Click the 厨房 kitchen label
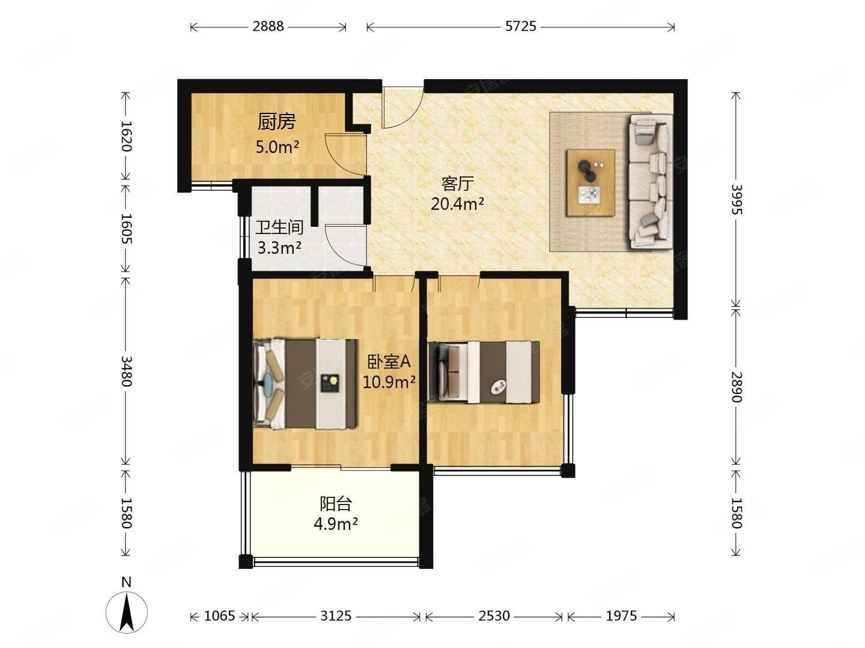(x=276, y=122)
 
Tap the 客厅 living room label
(x=457, y=184)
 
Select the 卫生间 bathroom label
(x=279, y=227)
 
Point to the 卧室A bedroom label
(x=389, y=362)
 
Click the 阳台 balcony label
(x=335, y=504)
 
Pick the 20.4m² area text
(x=457, y=204)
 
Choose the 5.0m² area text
(x=278, y=147)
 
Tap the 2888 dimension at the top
(x=268, y=26)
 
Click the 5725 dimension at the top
(x=521, y=26)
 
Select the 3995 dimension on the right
(x=736, y=199)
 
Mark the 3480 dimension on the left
(x=126, y=371)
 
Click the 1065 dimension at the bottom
(x=219, y=616)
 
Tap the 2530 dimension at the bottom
(x=494, y=616)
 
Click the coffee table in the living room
(x=590, y=182)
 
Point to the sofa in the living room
(x=649, y=181)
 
